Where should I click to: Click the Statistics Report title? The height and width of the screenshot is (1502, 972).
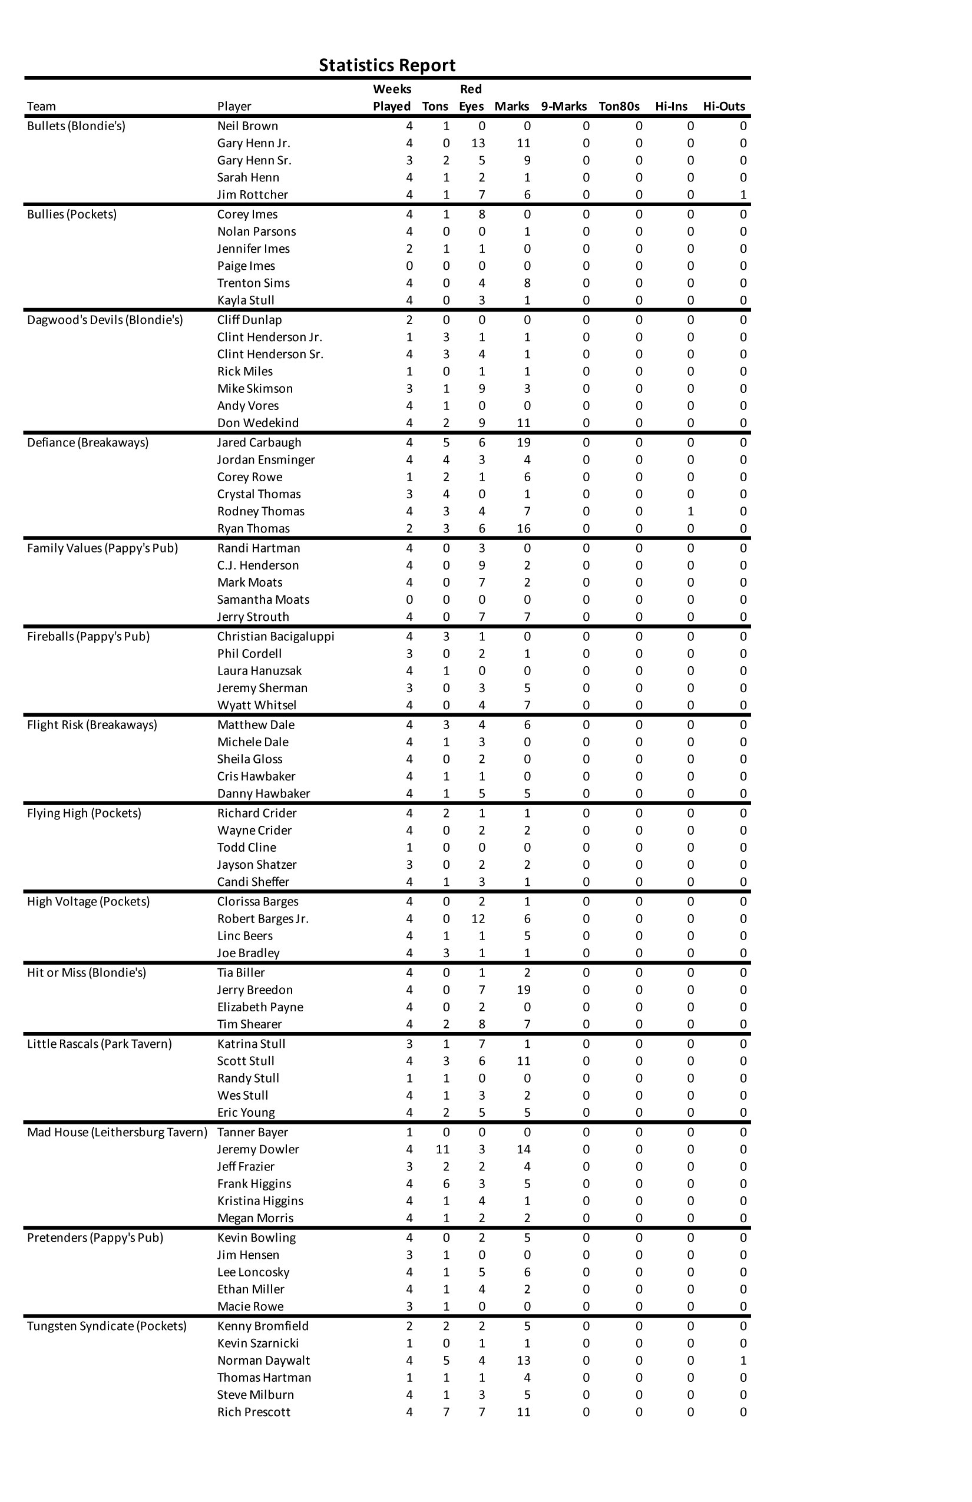387,65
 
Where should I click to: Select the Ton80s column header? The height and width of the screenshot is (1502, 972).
619,106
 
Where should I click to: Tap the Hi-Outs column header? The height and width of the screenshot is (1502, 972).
723,106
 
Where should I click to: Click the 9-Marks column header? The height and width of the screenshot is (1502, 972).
564,106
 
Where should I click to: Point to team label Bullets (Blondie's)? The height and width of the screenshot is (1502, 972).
77,125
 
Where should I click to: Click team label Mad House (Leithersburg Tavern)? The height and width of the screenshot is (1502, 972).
117,1132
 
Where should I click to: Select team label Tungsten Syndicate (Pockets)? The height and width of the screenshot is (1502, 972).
107,1326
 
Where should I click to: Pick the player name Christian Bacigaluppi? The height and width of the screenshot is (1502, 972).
276,636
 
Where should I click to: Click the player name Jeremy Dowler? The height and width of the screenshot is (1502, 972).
258,1149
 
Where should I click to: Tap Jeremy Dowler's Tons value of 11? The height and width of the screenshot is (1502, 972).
442,1149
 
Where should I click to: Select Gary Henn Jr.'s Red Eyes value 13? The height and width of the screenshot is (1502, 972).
478,143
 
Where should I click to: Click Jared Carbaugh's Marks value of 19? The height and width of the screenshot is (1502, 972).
524,442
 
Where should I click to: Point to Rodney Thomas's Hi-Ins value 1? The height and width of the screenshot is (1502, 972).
690,511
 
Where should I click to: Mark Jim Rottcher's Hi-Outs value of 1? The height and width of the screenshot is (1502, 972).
743,194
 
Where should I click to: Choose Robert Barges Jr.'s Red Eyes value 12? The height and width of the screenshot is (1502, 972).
478,919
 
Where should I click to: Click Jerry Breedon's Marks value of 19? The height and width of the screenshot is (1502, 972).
524,990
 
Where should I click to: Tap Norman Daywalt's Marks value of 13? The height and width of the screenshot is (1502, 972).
524,1360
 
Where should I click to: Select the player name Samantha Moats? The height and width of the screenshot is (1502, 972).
263,600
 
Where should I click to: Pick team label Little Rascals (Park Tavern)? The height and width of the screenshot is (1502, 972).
99,1044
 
